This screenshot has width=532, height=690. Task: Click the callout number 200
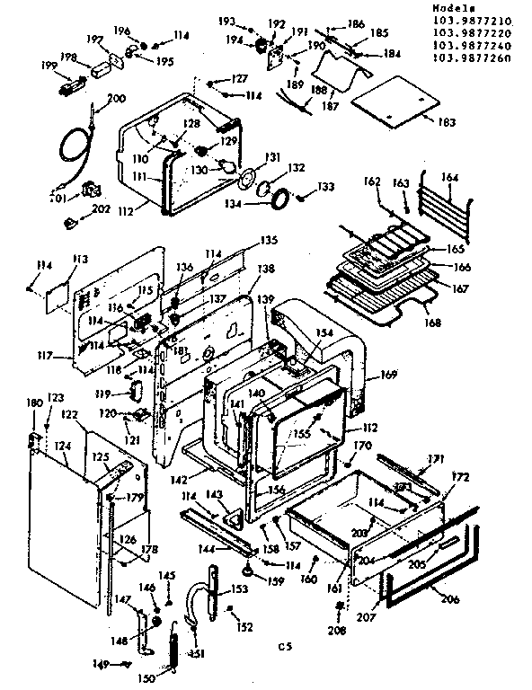[x=116, y=98]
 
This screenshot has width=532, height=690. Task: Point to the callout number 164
[x=448, y=178]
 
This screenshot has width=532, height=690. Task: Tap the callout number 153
[x=240, y=589]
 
